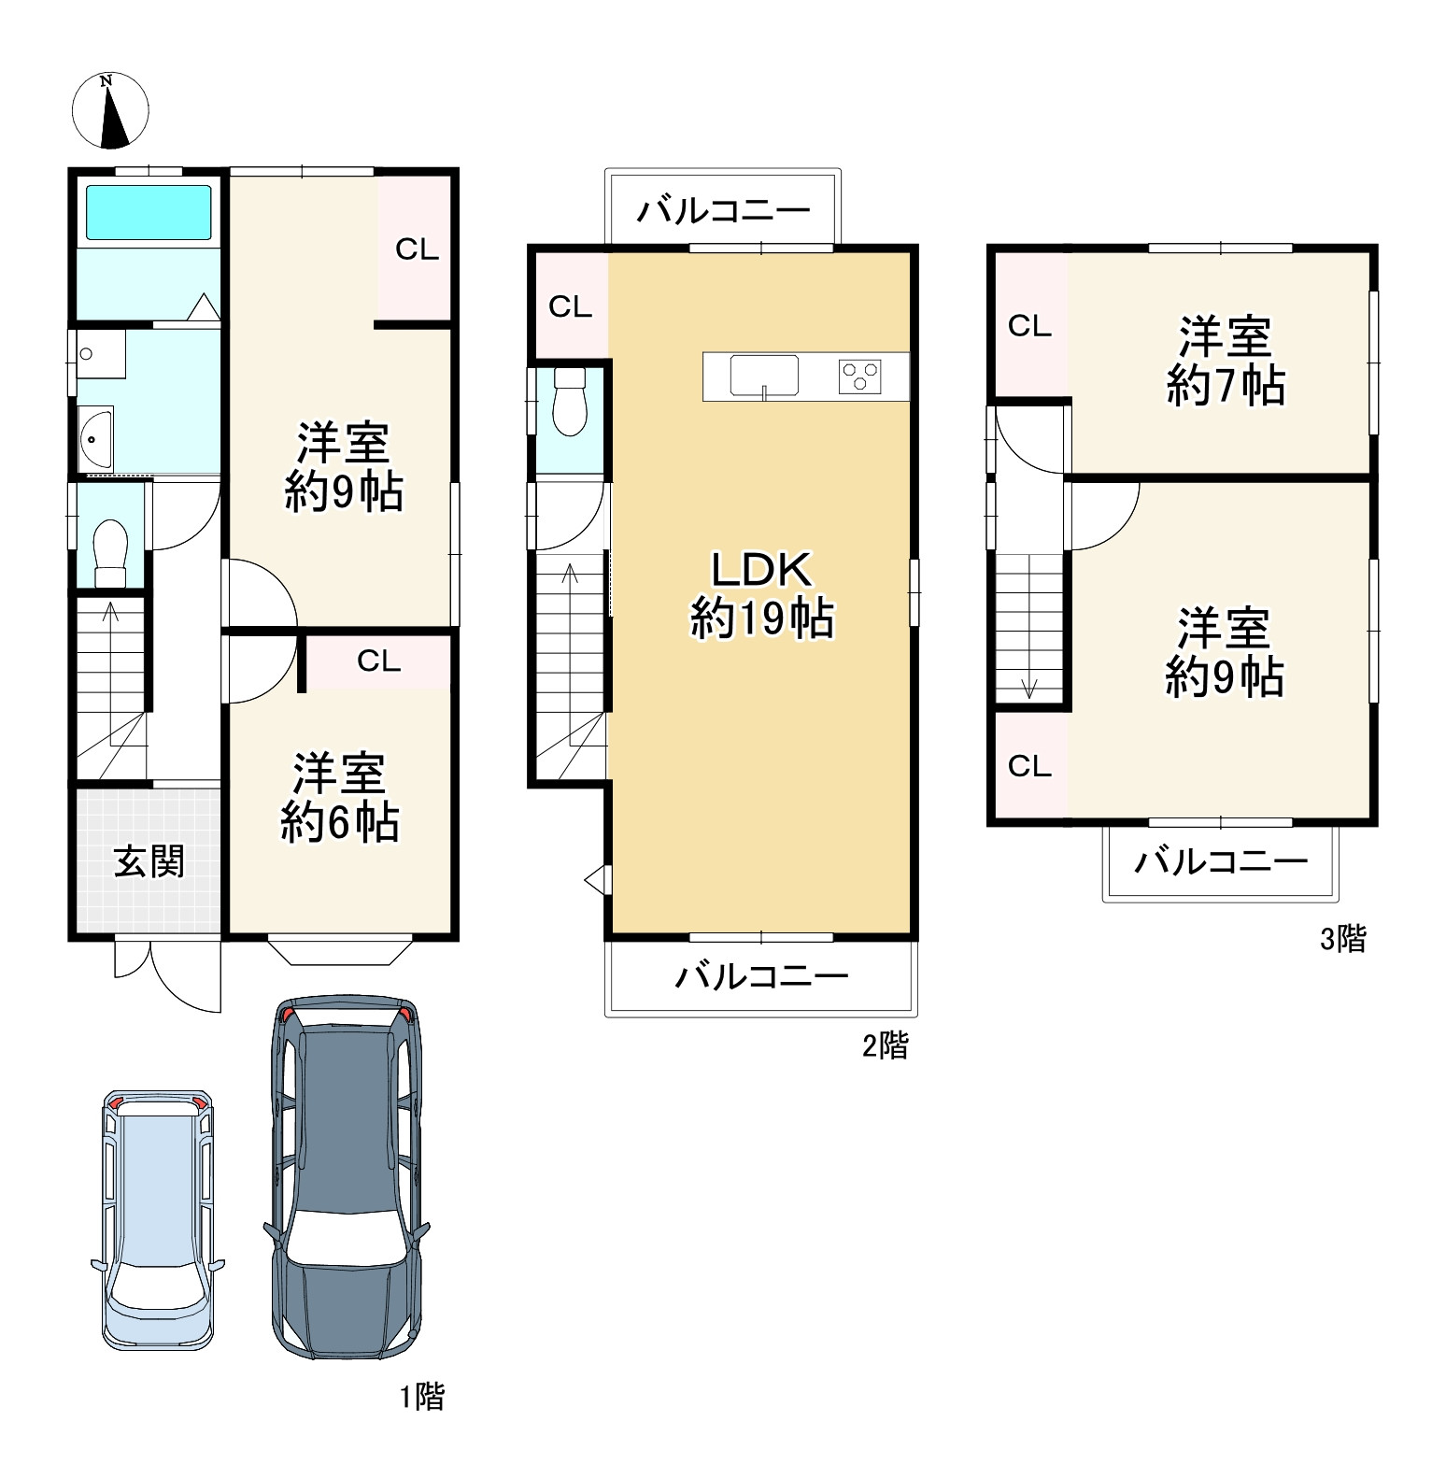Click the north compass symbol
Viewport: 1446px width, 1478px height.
[111, 110]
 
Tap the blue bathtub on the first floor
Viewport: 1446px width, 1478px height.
[149, 212]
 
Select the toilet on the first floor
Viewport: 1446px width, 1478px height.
[110, 553]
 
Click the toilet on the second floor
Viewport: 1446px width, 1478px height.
[569, 401]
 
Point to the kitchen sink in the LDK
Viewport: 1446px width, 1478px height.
[764, 376]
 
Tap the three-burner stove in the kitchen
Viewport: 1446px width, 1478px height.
[860, 377]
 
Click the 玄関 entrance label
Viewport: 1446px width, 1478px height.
[149, 861]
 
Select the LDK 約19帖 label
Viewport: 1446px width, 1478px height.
[761, 593]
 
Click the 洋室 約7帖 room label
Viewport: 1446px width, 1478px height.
[1226, 361]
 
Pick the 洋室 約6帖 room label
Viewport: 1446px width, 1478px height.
[340, 797]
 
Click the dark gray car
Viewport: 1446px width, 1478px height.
[346, 1176]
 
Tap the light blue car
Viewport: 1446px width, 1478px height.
[158, 1219]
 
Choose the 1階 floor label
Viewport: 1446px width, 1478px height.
[422, 1397]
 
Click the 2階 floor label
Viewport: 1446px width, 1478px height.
[885, 1045]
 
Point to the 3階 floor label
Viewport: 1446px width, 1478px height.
[1343, 938]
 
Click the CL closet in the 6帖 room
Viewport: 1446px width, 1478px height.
[378, 661]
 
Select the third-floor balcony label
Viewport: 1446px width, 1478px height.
[1221, 860]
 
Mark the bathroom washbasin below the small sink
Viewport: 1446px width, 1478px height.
[96, 440]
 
